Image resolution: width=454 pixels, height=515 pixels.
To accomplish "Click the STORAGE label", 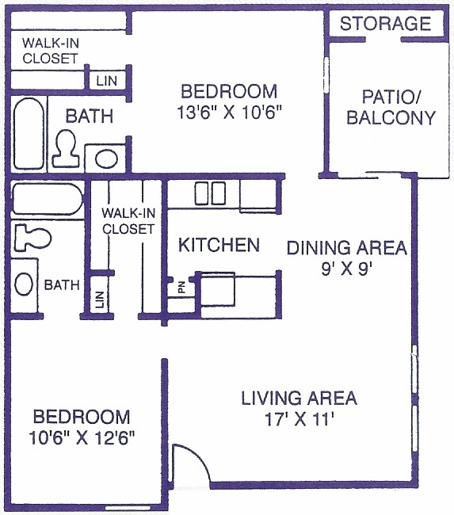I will [385, 24].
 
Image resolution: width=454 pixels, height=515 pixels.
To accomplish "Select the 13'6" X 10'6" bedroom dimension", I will [230, 113].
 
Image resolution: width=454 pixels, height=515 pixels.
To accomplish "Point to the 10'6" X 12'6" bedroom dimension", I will [81, 438].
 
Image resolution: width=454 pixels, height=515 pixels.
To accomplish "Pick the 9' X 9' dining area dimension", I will [346, 269].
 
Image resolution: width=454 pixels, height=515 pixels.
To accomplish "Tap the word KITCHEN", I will [219, 245].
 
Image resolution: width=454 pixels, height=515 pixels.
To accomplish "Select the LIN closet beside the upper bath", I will [105, 80].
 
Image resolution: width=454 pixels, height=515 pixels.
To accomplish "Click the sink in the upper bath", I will [105, 156].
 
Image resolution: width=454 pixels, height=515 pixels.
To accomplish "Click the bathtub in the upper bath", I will [29, 130].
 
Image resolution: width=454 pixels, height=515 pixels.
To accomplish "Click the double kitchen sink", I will [210, 193].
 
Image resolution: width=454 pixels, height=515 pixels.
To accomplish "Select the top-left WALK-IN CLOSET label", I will [50, 51].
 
